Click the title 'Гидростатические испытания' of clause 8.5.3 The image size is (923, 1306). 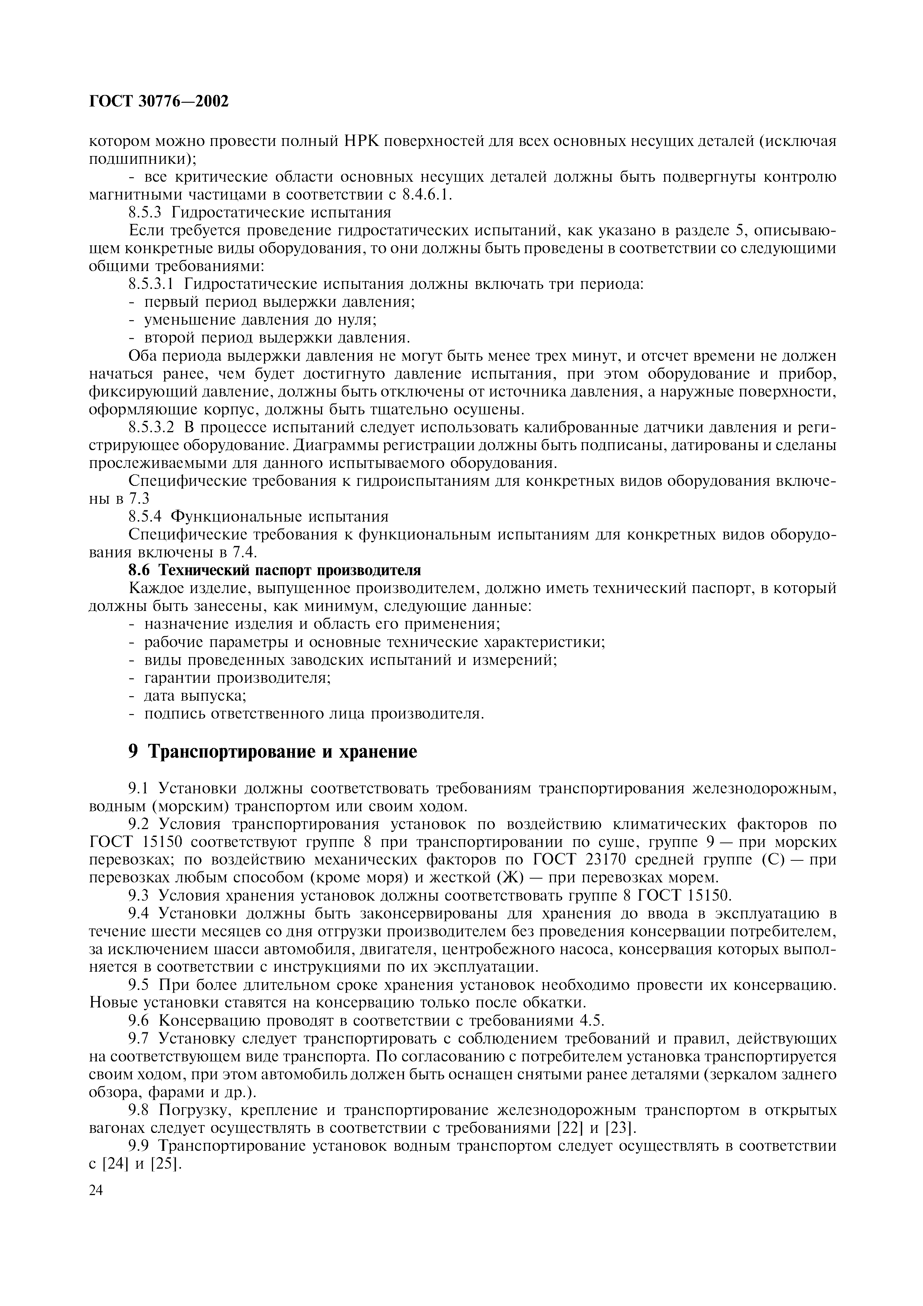pyautogui.click(x=281, y=213)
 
